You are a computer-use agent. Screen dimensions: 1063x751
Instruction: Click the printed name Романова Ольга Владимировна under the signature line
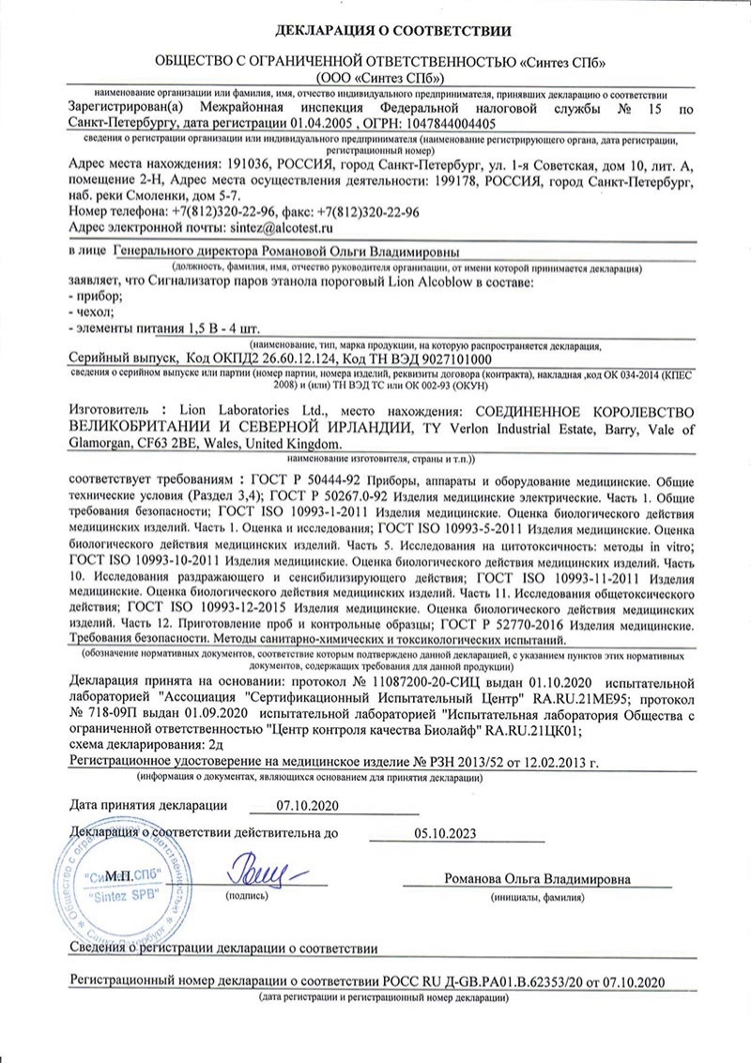pyautogui.click(x=538, y=879)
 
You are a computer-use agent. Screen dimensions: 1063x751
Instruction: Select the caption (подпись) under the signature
pyautogui.click(x=247, y=897)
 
